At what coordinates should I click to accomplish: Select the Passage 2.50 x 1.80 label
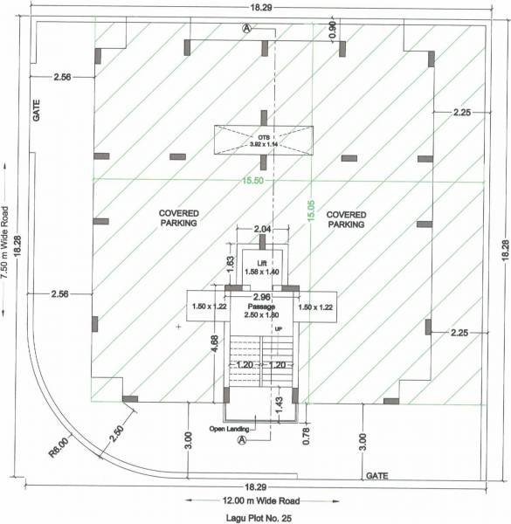pos(261,311)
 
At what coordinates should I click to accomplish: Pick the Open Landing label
pos(230,429)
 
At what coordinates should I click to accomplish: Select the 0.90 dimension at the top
pos(332,28)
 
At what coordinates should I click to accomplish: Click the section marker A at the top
pos(246,28)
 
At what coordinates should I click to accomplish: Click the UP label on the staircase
pos(279,328)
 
